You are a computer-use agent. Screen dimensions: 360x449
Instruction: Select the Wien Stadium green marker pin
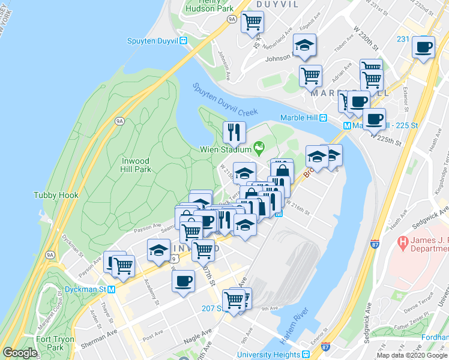click(x=259, y=146)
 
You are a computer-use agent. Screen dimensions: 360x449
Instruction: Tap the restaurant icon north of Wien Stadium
click(x=234, y=131)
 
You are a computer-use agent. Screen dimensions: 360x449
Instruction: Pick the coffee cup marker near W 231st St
click(x=424, y=46)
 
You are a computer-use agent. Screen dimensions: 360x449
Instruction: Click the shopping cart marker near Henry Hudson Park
click(x=252, y=22)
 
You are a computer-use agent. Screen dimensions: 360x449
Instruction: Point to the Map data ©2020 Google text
click(x=412, y=355)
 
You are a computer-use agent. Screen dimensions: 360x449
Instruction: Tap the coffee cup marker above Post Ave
click(x=183, y=280)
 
